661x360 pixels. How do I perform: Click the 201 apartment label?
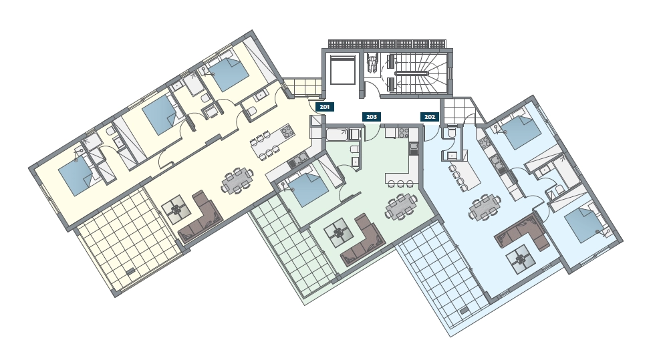(325, 107)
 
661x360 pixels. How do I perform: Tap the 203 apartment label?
(372, 117)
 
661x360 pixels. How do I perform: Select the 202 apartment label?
(430, 117)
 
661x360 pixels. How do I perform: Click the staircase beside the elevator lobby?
(416, 73)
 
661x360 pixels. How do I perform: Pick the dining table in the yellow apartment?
(237, 180)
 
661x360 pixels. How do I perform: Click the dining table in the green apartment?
(401, 207)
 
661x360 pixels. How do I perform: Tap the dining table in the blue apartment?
(485, 207)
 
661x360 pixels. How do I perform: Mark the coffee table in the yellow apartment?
(176, 209)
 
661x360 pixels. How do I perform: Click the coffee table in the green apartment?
(338, 232)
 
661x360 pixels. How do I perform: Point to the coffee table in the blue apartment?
(521, 259)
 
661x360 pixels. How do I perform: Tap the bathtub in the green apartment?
(338, 135)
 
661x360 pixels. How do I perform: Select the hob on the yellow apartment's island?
(287, 131)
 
